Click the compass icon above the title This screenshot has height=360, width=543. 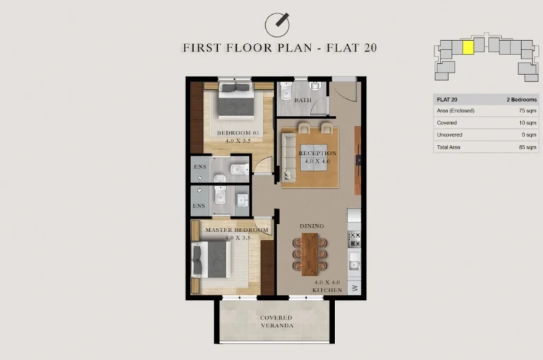click(277, 24)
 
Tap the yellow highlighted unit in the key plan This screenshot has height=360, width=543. click(467, 47)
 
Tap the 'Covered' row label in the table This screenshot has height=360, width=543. click(447, 123)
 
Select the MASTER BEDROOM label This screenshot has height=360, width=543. click(237, 231)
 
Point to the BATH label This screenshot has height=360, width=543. click(303, 100)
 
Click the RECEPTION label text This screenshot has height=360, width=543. click(317, 153)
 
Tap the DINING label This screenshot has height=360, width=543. click(312, 226)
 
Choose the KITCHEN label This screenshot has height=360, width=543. click(327, 290)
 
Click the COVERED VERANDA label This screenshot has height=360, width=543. click(275, 323)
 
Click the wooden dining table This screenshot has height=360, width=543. click(310, 254)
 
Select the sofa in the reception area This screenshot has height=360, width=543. click(288, 156)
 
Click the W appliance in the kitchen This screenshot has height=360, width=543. click(354, 287)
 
